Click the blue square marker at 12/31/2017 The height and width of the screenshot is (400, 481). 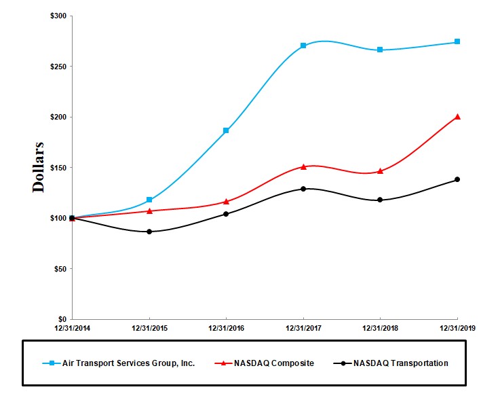pyautogui.click(x=303, y=46)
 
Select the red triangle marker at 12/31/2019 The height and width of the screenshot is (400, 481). pyautogui.click(x=457, y=116)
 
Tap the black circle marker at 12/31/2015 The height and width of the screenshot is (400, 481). pyautogui.click(x=149, y=232)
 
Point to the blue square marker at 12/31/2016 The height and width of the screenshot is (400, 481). pyautogui.click(x=226, y=130)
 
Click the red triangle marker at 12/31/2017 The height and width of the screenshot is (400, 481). pyautogui.click(x=303, y=166)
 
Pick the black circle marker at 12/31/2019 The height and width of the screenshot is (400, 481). pyautogui.click(x=457, y=179)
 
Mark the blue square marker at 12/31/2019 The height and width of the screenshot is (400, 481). pyautogui.click(x=457, y=41)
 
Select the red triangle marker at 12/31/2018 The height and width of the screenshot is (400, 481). pyautogui.click(x=380, y=170)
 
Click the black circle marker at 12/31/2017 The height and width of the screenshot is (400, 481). pyautogui.click(x=303, y=189)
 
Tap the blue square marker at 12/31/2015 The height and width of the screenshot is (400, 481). pyautogui.click(x=149, y=200)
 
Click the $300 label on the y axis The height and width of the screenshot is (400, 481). pyautogui.click(x=58, y=16)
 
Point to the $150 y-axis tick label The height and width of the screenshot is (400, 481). pyautogui.click(x=58, y=168)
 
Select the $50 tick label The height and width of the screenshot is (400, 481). pyautogui.click(x=60, y=269)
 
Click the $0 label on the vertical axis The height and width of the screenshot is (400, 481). pyautogui.click(x=62, y=319)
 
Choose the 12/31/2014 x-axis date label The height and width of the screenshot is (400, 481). pyautogui.click(x=72, y=328)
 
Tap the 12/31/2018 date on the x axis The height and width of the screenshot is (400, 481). pyautogui.click(x=380, y=328)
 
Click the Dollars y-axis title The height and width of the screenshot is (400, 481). pyautogui.click(x=39, y=167)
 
